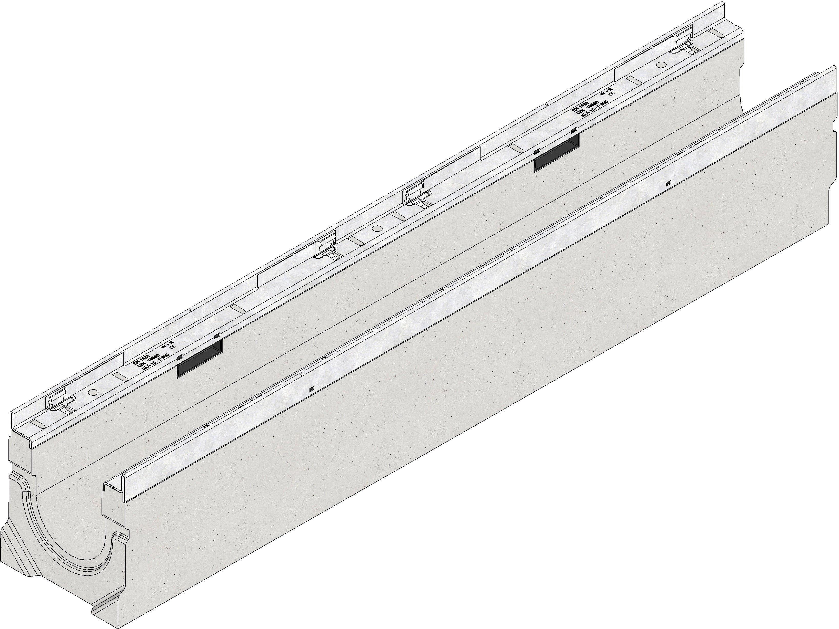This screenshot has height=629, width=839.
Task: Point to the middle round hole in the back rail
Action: click(x=377, y=228)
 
